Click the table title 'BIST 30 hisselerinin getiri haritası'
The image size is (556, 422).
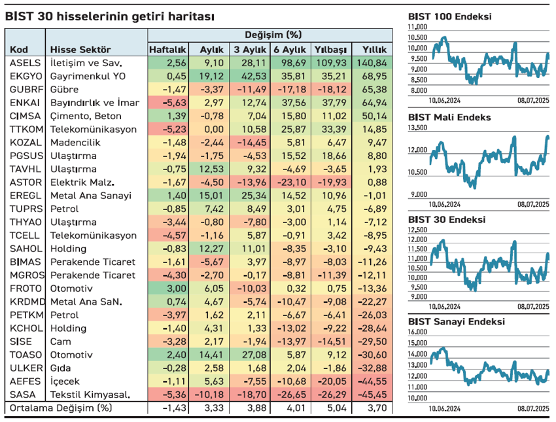(x=109, y=16)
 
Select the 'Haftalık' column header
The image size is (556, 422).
(x=168, y=50)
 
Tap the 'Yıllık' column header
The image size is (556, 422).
(x=370, y=50)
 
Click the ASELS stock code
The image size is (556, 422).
(x=26, y=63)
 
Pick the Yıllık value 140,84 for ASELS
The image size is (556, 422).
(x=370, y=63)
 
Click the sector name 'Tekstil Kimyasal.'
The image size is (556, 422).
(x=90, y=395)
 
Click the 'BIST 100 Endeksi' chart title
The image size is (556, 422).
(x=449, y=17)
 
